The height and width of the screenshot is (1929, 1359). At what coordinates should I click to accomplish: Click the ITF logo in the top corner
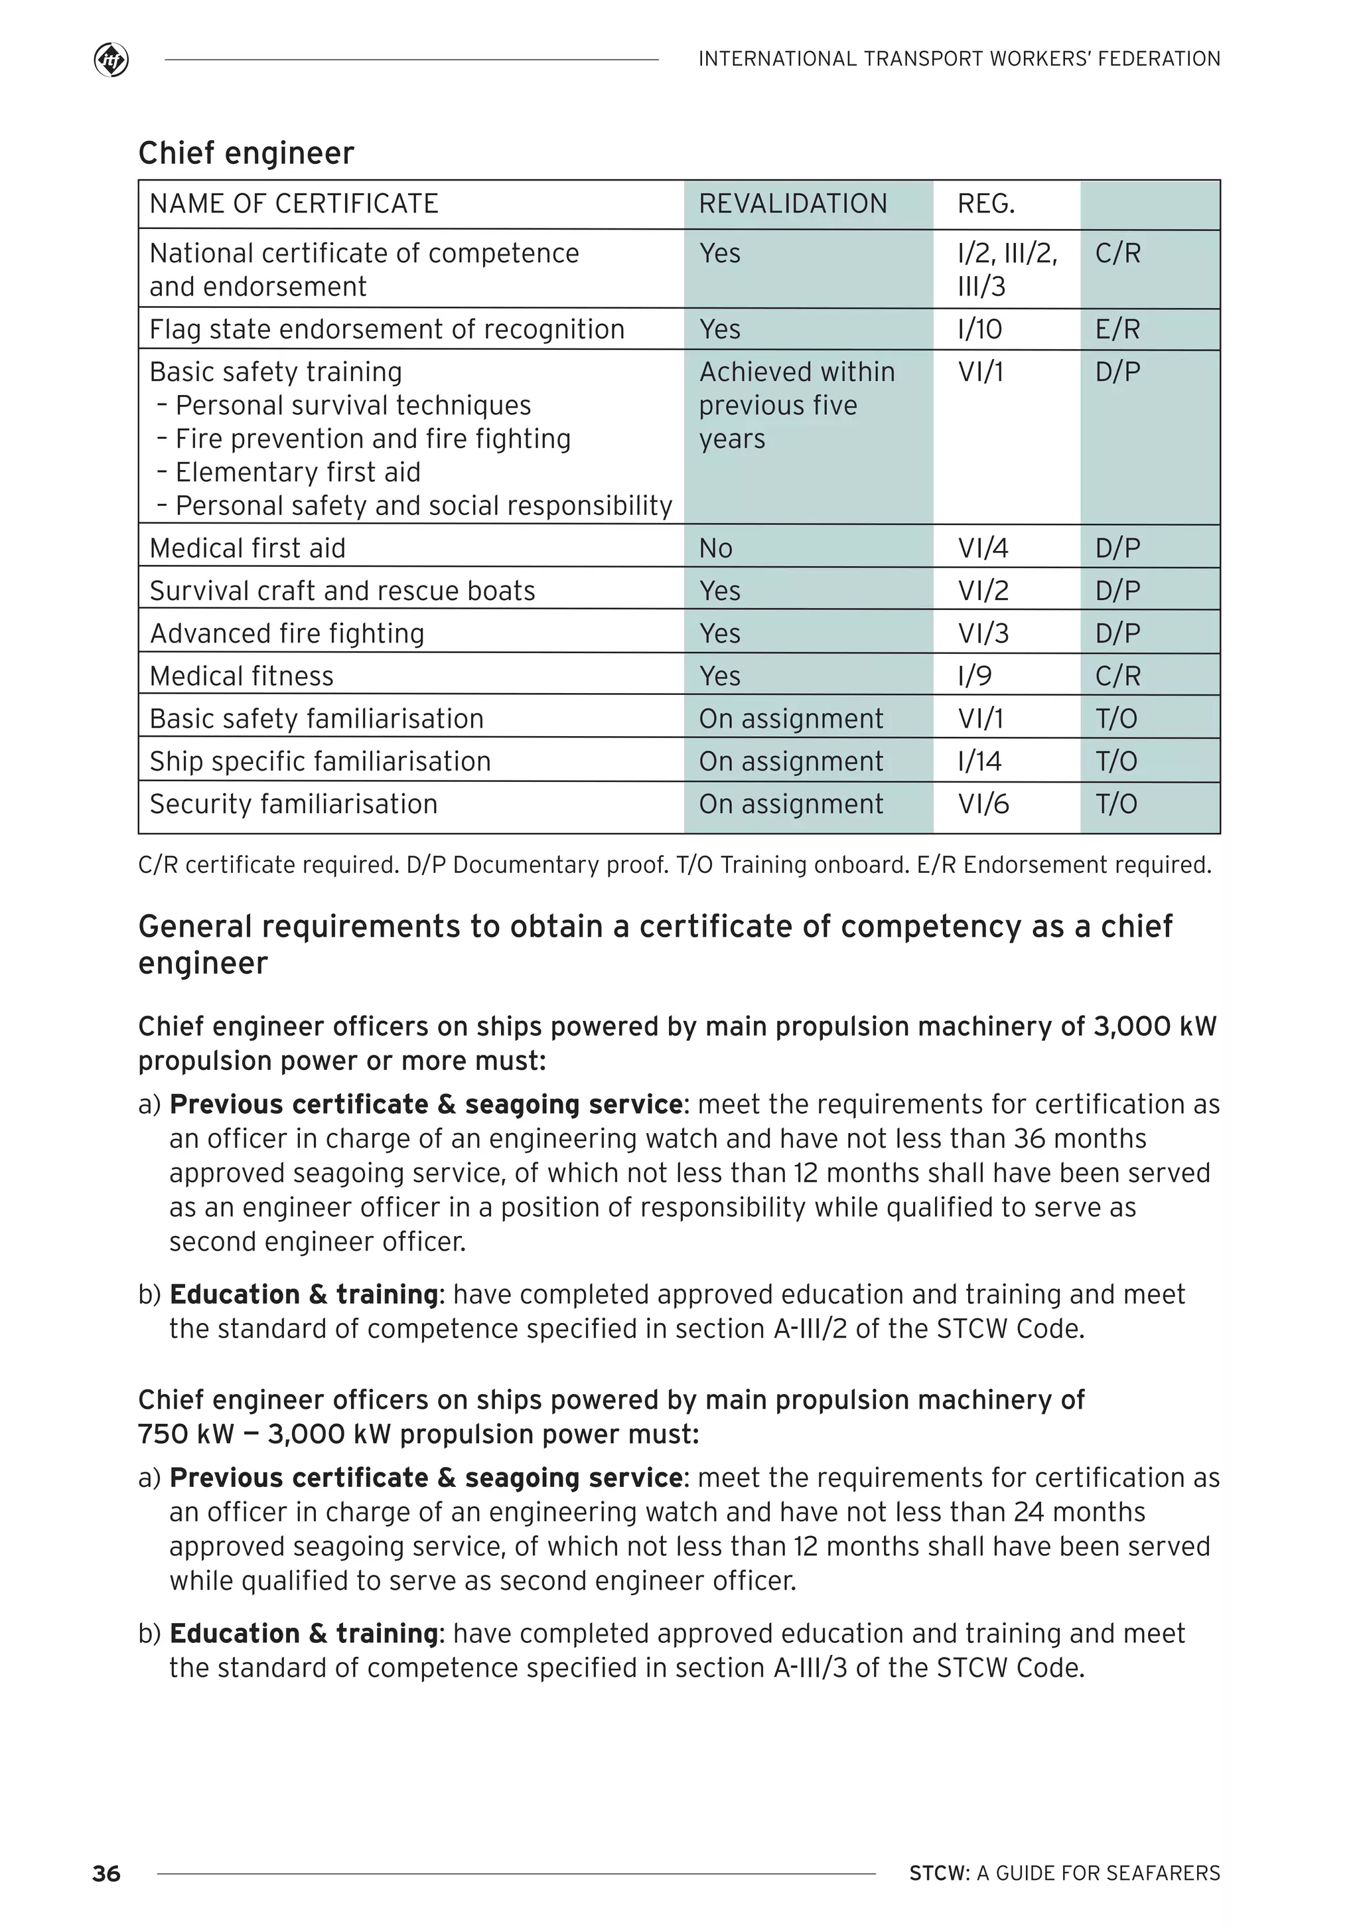111,60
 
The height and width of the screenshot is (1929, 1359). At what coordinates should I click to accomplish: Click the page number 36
107,1873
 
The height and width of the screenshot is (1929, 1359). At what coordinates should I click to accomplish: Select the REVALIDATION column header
792,204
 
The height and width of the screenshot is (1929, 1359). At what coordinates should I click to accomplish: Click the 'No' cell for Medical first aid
715,548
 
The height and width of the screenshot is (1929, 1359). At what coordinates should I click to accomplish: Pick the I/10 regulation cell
979,329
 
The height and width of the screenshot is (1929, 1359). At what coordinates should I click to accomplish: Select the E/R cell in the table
1117,329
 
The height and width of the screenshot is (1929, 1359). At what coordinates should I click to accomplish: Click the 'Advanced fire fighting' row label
287,633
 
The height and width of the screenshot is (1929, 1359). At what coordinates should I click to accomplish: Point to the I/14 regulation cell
979,761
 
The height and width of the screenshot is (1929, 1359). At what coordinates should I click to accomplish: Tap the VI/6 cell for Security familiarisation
983,804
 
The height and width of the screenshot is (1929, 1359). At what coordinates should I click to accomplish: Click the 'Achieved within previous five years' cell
796,406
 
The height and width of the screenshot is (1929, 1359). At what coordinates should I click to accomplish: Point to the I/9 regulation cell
974,676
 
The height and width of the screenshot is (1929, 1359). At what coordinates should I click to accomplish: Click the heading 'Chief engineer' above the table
246,154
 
